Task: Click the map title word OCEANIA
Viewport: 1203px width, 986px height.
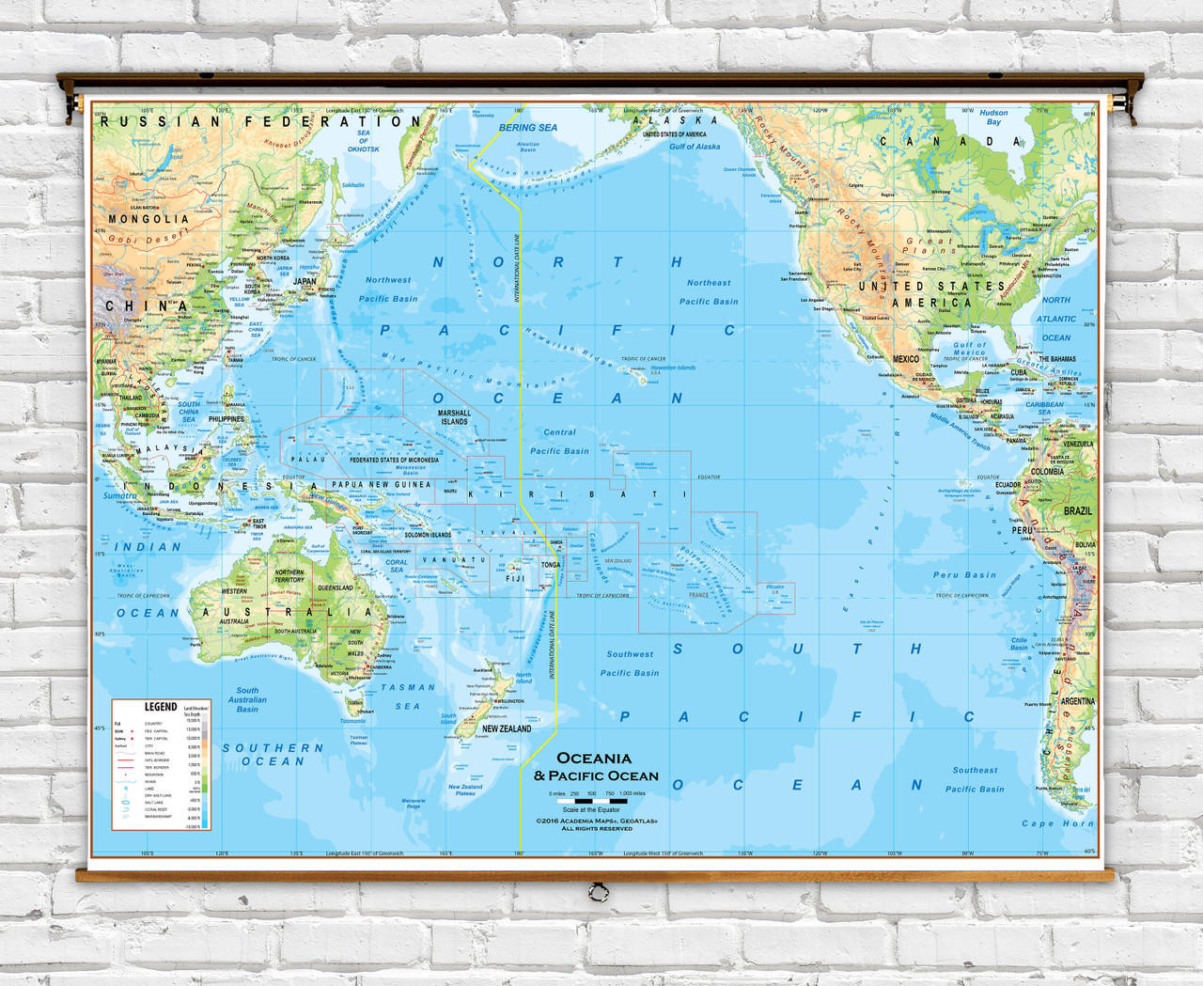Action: [x=594, y=759]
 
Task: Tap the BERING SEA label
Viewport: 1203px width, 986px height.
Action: [x=527, y=128]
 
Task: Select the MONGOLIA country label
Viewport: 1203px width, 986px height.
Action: [x=148, y=219]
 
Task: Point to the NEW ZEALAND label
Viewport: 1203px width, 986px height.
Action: [x=507, y=728]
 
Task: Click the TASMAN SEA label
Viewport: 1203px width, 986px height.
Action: [x=408, y=696]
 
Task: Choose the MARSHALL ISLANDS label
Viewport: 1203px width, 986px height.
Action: [x=454, y=417]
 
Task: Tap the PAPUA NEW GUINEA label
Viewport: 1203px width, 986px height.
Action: [x=381, y=485]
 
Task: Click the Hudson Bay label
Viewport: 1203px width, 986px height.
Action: [x=993, y=117]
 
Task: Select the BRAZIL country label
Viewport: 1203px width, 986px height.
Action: [x=1078, y=510]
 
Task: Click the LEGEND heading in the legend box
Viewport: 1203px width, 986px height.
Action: [x=160, y=707]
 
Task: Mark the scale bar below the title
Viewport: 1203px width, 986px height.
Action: [x=598, y=802]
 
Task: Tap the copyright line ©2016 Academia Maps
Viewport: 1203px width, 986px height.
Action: [x=597, y=821]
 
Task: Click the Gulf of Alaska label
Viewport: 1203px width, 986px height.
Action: [x=695, y=147]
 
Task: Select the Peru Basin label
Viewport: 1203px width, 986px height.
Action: [x=964, y=575]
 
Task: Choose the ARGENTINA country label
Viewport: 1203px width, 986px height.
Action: [x=1077, y=701]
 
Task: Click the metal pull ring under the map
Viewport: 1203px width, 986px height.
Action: [x=596, y=890]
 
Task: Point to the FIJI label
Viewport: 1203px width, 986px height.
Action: [x=515, y=579]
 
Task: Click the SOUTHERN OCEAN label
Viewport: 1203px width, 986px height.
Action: [x=273, y=755]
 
